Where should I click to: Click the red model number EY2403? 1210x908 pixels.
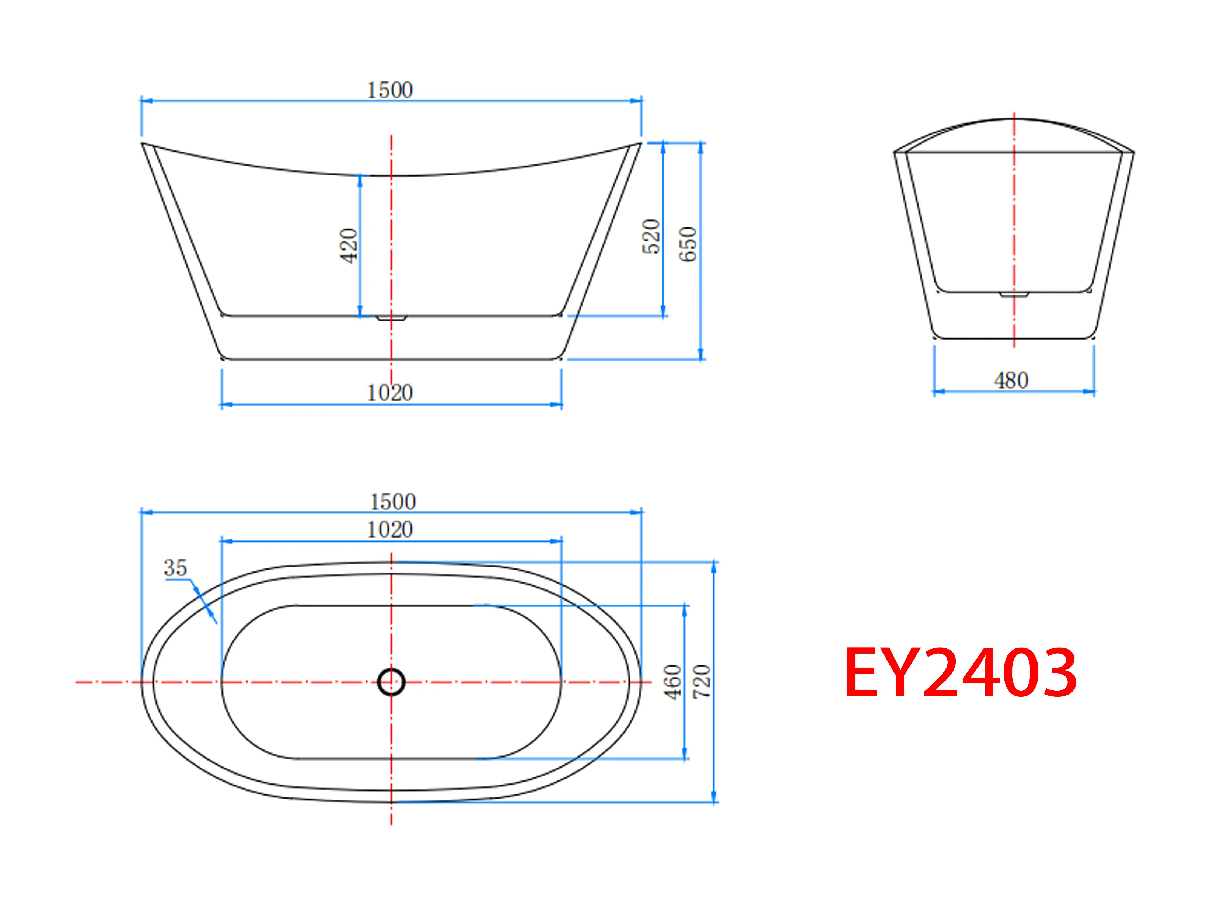click(961, 673)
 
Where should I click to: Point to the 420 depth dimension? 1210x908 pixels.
click(349, 246)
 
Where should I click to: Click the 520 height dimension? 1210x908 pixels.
click(651, 236)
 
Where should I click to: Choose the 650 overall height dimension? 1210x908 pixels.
click(688, 244)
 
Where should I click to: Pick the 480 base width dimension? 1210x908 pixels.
click(1011, 380)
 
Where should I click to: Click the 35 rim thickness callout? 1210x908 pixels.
click(175, 568)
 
